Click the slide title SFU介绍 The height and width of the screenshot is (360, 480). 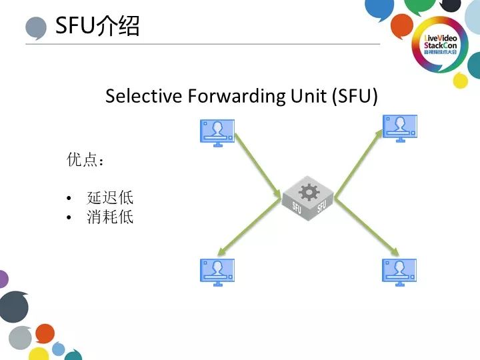click(x=97, y=26)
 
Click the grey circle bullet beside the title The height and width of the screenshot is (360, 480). click(x=36, y=28)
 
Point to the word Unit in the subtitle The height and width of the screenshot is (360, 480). click(x=309, y=96)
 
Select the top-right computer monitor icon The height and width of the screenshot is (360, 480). click(x=399, y=128)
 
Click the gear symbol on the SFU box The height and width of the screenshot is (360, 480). click(x=309, y=193)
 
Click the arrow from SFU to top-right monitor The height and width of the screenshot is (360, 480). click(x=360, y=163)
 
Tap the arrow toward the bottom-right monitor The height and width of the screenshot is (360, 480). click(x=367, y=228)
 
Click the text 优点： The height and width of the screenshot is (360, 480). click(x=85, y=160)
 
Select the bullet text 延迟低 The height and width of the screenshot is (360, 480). click(x=110, y=198)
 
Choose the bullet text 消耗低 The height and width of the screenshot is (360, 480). click(x=110, y=217)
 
